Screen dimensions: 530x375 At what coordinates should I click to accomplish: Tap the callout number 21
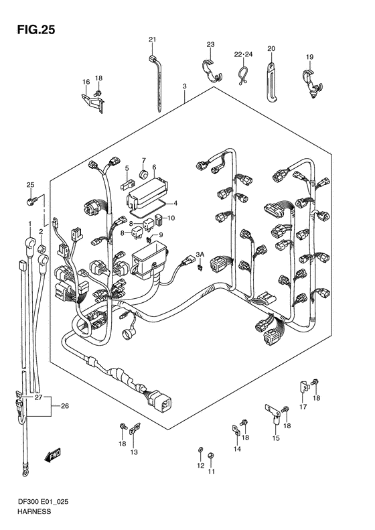[152, 40]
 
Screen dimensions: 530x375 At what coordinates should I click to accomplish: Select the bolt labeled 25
[31, 199]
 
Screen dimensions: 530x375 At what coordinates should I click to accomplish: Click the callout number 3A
[199, 255]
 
